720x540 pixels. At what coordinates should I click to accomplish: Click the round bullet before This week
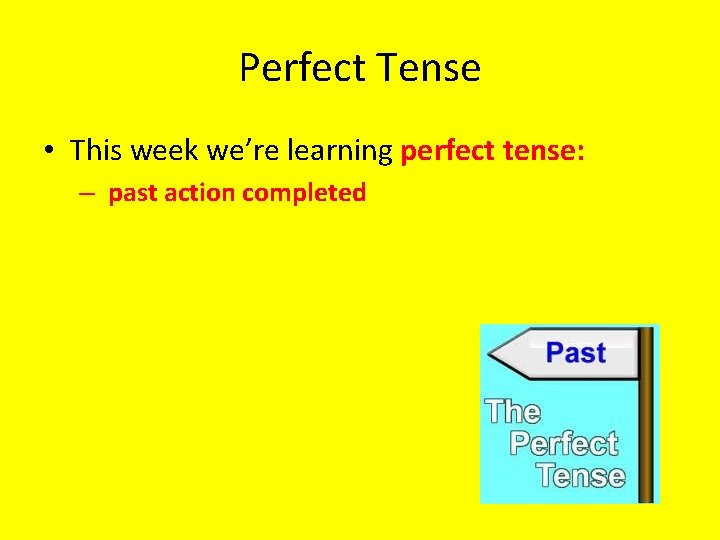pos(48,152)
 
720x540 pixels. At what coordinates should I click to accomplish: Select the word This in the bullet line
pos(97,151)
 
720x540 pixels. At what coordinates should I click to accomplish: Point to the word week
pos(164,151)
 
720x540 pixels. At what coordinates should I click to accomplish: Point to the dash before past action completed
pos(89,193)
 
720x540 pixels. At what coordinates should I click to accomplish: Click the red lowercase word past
pos(132,194)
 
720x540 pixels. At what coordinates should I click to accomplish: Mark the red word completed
pos(304,194)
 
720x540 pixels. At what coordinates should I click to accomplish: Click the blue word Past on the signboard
pos(576,353)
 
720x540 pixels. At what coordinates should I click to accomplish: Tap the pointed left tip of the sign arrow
pos(491,354)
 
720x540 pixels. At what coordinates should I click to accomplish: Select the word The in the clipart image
pos(512,411)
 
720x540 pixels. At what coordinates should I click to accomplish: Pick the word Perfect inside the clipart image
pos(563,443)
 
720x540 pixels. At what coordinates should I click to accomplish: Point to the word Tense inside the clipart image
pos(580,474)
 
